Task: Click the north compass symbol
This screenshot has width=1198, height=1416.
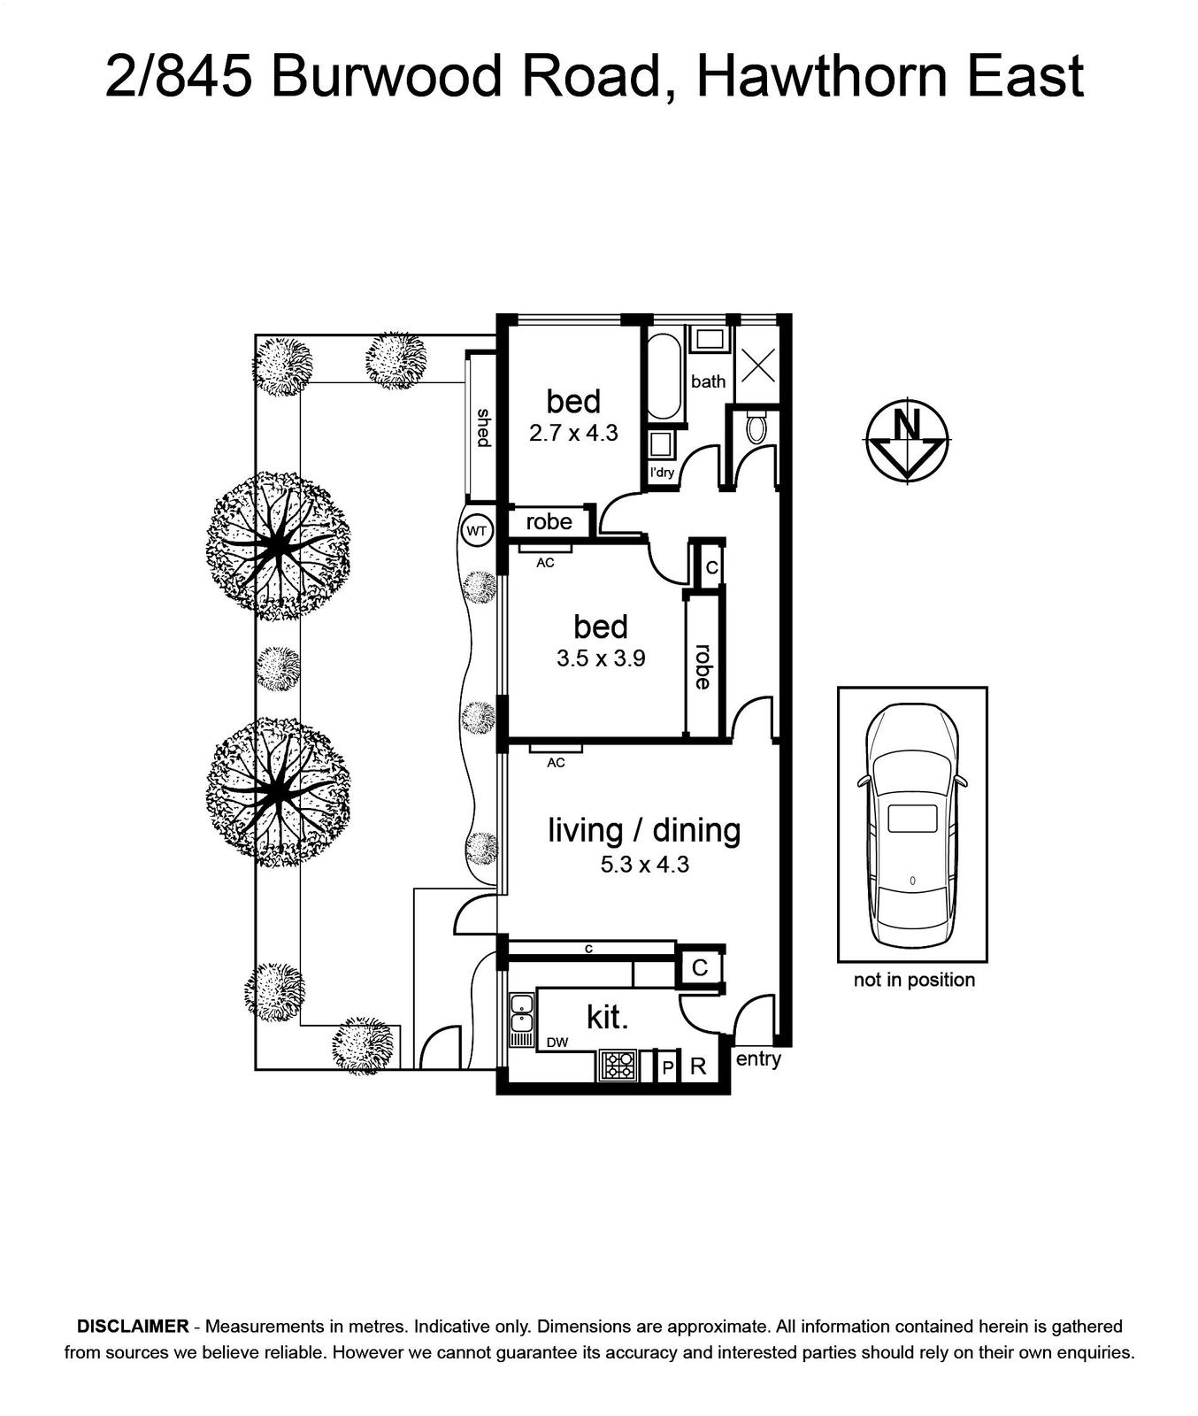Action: pos(907,441)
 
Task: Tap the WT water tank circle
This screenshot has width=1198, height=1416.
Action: pos(476,531)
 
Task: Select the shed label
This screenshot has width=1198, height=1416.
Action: pos(484,427)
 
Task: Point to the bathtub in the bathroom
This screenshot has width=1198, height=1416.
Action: pos(664,376)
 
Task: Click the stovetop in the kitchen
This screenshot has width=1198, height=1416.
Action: pos(618,1065)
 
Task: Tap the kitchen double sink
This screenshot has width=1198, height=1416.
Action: pos(521,1014)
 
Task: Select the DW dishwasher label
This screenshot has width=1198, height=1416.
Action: pos(557,1043)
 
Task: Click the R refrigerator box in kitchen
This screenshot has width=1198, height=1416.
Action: pos(699,1066)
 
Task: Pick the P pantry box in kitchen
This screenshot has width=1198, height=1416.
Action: pos(668,1067)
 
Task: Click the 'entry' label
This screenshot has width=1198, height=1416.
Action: pos(758,1058)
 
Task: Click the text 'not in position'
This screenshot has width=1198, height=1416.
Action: pos(914,980)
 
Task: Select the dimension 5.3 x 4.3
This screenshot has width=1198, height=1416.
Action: pos(645,865)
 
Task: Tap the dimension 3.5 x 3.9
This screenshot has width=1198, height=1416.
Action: pos(601,658)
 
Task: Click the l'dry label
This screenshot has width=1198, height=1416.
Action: pos(662,473)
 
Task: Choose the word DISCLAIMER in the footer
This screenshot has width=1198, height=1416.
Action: pos(133,1326)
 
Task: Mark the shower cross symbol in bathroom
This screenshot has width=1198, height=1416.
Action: pos(757,365)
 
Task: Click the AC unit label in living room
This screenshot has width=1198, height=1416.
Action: pos(556,762)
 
